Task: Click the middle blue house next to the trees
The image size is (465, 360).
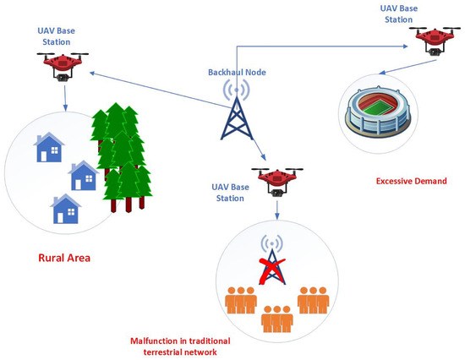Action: [84, 177]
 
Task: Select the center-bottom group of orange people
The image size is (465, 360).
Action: [276, 317]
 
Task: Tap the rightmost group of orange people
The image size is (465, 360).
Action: [313, 299]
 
